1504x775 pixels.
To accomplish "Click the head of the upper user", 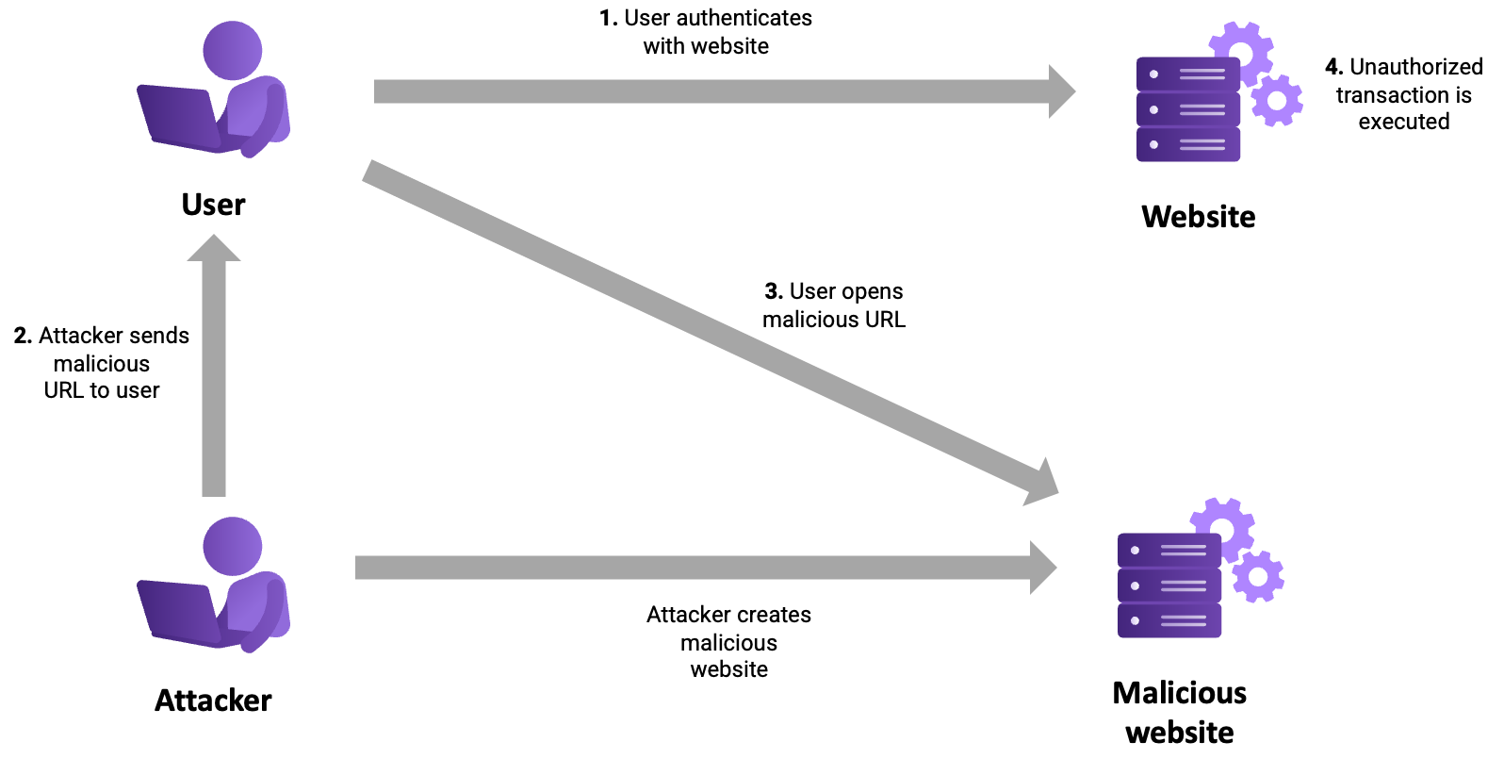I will [x=232, y=50].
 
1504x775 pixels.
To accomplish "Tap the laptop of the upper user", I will [x=180, y=117].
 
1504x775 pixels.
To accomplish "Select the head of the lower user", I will [x=232, y=546].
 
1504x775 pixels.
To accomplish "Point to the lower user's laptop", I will [x=180, y=612].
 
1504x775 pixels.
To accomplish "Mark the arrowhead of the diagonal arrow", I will [x=1044, y=484].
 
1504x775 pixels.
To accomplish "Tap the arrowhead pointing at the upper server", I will [x=1061, y=91].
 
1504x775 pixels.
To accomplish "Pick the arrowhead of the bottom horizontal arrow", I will [x=1042, y=568].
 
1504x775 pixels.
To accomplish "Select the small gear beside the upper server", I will [x=1277, y=100].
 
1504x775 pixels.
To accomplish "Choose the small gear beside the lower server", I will [x=1258, y=576].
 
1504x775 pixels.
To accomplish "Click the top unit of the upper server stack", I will [x=1187, y=74].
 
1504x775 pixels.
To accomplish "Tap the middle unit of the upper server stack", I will [x=1187, y=109].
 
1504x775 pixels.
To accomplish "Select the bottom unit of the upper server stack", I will [x=1187, y=144].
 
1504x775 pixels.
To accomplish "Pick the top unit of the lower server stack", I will [x=1169, y=550].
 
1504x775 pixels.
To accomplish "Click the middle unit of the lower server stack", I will [x=1169, y=585].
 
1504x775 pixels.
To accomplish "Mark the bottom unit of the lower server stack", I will [x=1169, y=620].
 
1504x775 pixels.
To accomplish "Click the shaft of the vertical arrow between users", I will [x=214, y=377].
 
